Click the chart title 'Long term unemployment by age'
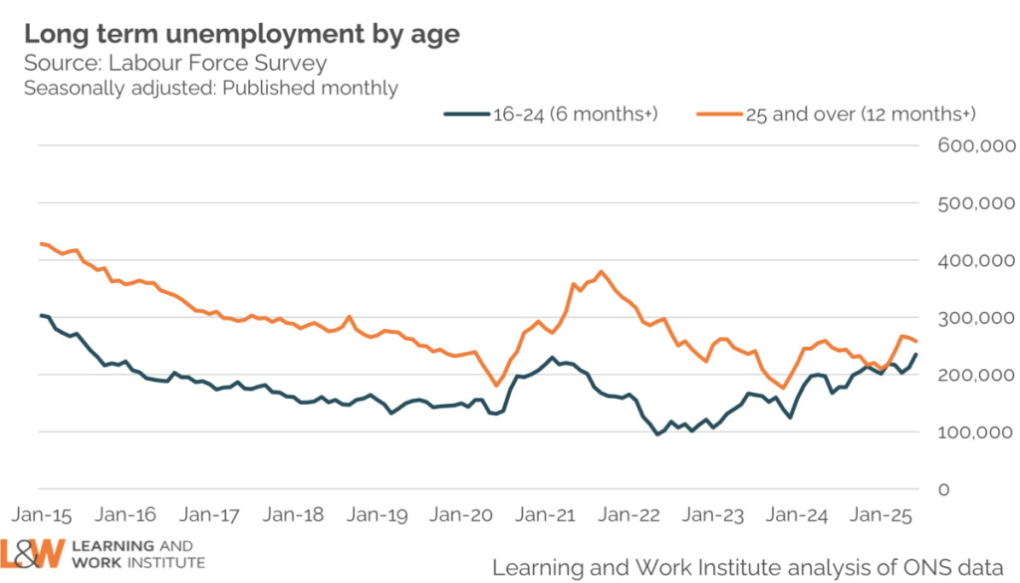click(242, 33)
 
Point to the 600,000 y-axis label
click(976, 146)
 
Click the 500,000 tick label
click(976, 203)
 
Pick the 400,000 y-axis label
click(976, 261)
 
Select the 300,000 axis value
click(976, 318)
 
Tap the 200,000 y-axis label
click(976, 376)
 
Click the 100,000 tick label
click(976, 433)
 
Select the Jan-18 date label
click(296, 515)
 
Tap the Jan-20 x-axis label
click(463, 515)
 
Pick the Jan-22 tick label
click(634, 515)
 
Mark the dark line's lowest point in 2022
click(657, 435)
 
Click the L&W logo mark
click(32, 554)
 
